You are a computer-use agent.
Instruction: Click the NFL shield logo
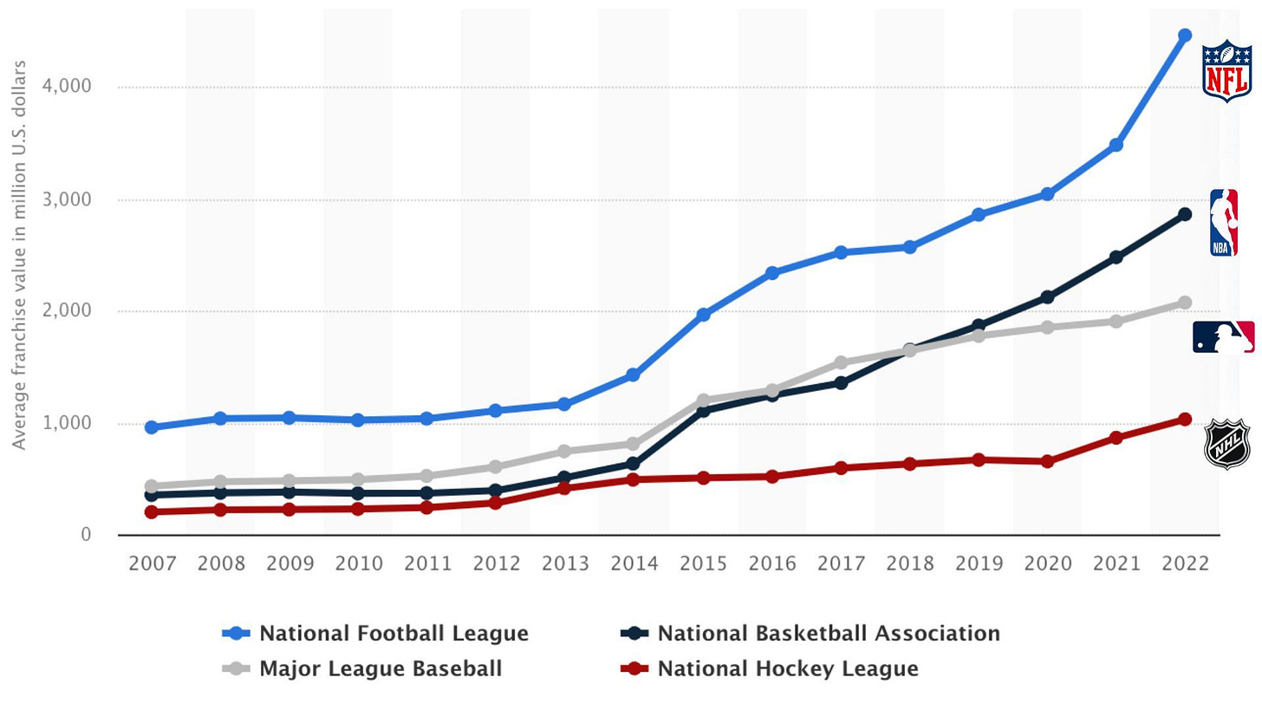tap(1227, 71)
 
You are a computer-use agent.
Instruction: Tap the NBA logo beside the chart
tap(1223, 223)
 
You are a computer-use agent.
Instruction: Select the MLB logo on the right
tap(1223, 336)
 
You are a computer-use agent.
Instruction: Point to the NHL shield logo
tap(1226, 444)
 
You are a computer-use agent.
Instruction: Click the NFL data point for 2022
tap(1185, 36)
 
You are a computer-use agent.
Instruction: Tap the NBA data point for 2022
tap(1185, 214)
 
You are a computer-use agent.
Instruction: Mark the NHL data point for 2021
tap(1116, 438)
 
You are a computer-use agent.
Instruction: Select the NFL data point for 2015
tap(703, 315)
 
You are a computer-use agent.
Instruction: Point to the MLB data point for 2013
tap(564, 452)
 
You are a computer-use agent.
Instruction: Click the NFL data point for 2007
tap(152, 427)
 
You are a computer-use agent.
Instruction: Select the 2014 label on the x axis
tap(634, 564)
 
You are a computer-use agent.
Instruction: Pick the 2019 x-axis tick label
tap(979, 564)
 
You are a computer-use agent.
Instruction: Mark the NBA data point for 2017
tap(841, 383)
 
